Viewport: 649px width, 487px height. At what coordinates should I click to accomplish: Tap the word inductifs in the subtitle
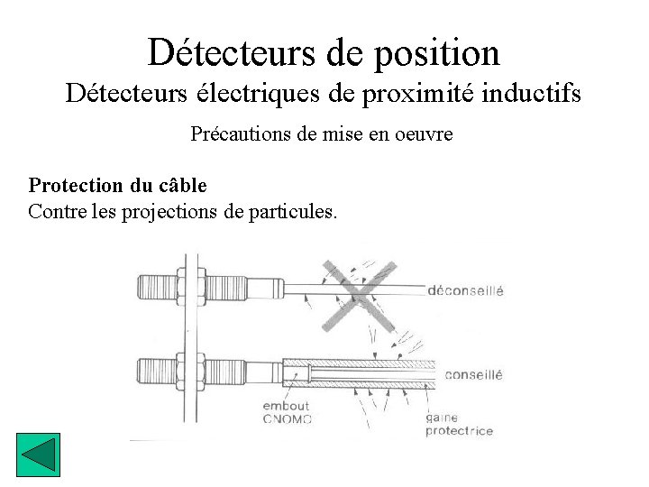(535, 93)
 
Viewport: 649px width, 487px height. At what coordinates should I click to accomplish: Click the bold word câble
(180, 186)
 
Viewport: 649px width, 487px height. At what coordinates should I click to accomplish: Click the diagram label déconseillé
(465, 291)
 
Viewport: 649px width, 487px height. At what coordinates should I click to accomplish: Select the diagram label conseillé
(473, 374)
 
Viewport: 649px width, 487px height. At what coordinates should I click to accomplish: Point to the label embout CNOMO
(287, 412)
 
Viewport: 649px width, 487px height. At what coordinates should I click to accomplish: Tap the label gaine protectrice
(459, 425)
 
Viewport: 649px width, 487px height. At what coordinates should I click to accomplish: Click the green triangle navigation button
(38, 455)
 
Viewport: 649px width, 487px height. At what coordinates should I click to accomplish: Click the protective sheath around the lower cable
(361, 372)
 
